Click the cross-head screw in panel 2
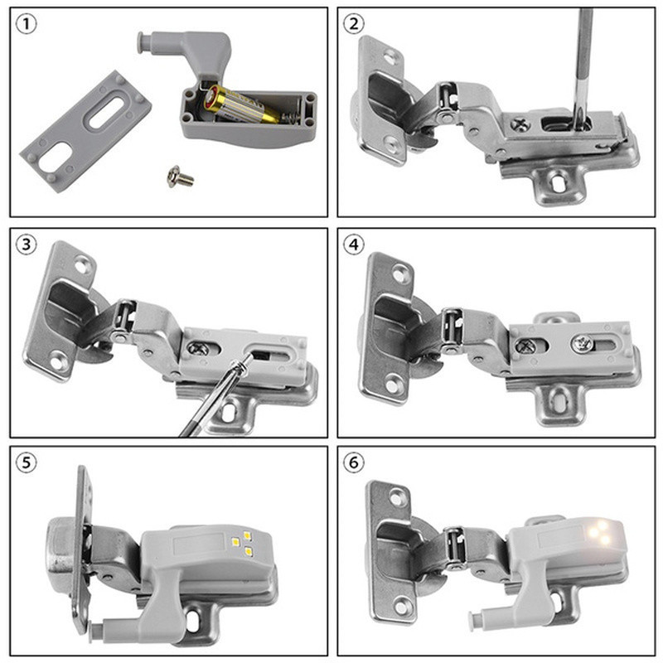(522, 123)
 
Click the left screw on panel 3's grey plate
(199, 349)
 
